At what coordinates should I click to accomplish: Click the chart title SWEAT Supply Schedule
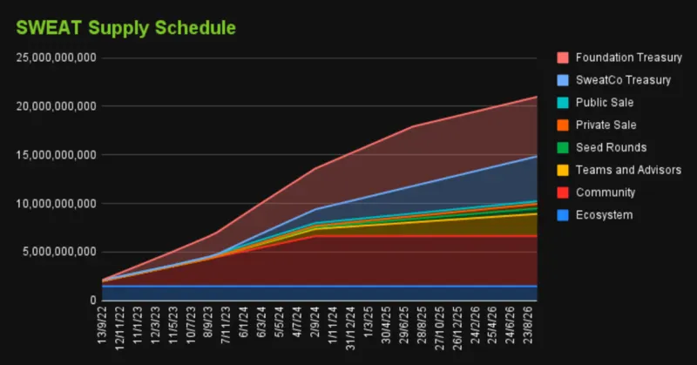[x=125, y=27]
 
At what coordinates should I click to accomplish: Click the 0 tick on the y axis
[x=91, y=301]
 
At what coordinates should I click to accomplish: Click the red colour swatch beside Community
[x=563, y=193]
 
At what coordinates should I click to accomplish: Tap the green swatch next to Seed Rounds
[x=563, y=147]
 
